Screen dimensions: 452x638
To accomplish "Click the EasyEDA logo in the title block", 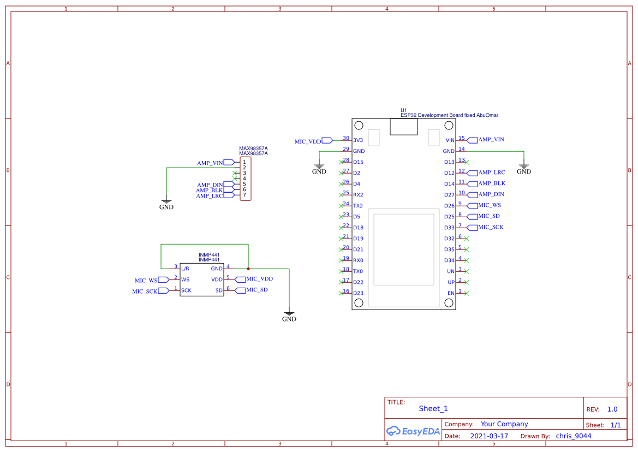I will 413,431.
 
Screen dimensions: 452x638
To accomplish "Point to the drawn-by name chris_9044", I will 573,436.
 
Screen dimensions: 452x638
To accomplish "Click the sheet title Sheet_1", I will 433,408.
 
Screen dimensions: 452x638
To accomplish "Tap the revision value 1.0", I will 612,409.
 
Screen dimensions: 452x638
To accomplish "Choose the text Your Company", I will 504,424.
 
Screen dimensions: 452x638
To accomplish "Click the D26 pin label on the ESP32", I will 449,206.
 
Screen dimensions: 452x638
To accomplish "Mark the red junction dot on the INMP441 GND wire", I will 248,269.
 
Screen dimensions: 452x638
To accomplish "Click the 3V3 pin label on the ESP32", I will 358,140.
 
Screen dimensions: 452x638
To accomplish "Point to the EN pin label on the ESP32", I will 451,293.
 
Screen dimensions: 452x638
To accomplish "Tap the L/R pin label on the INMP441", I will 185,269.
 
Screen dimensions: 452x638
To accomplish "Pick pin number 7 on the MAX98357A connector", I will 245,195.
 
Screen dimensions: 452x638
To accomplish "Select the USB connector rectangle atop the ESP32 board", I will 403,127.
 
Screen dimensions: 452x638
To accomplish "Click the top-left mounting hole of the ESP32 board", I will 358,126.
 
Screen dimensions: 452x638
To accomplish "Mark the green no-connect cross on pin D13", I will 467,162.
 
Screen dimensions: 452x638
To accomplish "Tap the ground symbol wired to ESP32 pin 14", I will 523,167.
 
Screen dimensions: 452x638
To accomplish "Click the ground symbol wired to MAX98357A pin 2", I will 166,203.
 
